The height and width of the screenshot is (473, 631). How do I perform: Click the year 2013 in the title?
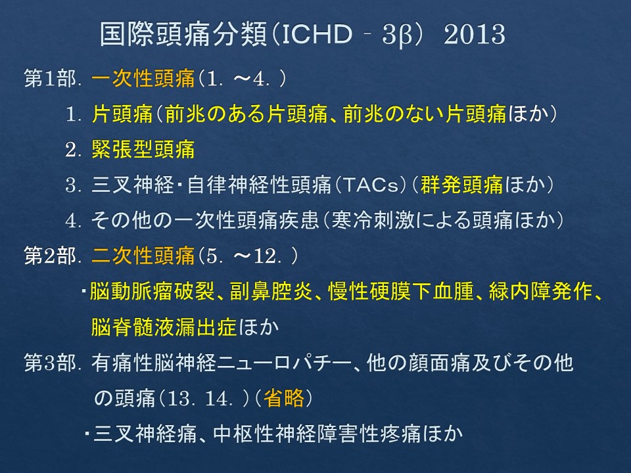[474, 34]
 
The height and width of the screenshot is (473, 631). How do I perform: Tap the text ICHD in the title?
[317, 34]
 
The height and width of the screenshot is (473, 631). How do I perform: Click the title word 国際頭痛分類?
[183, 34]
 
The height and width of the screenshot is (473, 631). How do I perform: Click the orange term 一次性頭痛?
[143, 78]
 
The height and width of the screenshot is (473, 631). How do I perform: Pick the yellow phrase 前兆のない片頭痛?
[425, 114]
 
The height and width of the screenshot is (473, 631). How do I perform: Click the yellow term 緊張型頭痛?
[143, 149]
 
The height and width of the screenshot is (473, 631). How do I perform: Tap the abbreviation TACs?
[370, 185]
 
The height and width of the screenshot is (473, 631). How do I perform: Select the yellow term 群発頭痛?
[462, 185]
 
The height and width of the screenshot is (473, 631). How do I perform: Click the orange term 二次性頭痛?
[143, 256]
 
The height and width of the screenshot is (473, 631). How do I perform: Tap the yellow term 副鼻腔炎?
[271, 291]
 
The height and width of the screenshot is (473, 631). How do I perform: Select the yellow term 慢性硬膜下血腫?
[401, 291]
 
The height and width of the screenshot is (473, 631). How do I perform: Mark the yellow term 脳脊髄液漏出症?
[164, 327]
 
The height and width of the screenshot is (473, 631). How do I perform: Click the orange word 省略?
[284, 398]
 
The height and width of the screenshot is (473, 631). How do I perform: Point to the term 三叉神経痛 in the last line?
[145, 434]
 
